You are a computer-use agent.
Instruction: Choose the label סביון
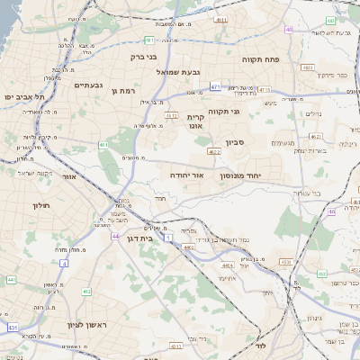click(x=259, y=142)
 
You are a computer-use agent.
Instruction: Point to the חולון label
click(x=40, y=206)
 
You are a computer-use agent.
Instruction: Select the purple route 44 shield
click(x=116, y=237)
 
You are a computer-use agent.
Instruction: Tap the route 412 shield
click(x=86, y=292)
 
